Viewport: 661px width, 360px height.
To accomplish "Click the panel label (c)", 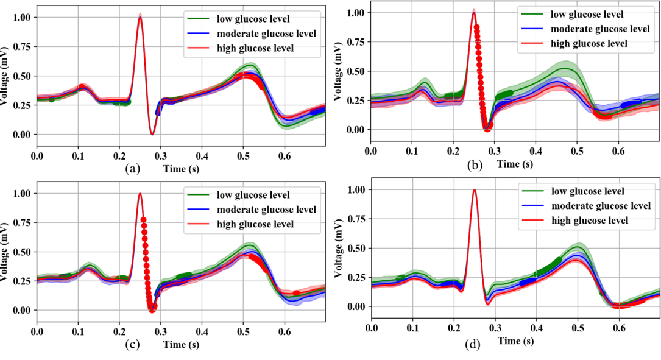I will click(x=131, y=345).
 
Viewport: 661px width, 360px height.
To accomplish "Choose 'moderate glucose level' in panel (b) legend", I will click(x=599, y=29).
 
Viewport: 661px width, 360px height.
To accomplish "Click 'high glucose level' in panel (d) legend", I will click(x=590, y=221).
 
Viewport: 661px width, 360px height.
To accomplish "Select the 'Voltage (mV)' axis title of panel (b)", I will click(x=339, y=70).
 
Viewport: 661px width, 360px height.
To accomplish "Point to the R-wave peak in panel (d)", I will click(x=474, y=189).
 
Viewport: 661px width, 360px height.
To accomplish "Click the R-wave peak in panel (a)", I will click(x=140, y=17).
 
